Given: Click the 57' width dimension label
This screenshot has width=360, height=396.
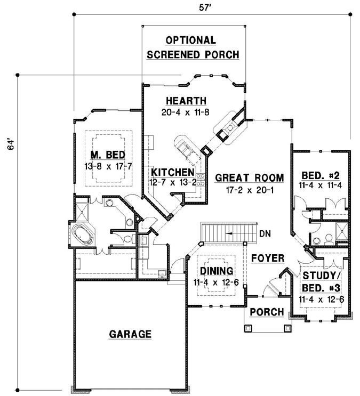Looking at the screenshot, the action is pos(205,7).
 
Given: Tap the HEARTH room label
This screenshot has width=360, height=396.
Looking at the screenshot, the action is pos(186,101).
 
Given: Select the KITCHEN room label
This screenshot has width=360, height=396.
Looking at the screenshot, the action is pos(173,172).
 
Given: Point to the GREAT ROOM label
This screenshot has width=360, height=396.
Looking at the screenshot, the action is pos(250,177).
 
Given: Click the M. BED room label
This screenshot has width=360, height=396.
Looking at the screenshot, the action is pos(108,155).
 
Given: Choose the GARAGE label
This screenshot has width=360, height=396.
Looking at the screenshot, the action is pos(130,334).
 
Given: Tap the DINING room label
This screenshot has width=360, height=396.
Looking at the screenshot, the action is pos(217,271).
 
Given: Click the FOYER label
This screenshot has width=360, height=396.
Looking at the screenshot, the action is pos(268,258).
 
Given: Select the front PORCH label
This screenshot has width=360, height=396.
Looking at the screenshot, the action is pos(267,312).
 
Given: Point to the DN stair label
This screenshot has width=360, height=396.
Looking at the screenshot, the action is pos(265,233).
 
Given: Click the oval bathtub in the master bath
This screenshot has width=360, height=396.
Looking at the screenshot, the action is pos(82,234).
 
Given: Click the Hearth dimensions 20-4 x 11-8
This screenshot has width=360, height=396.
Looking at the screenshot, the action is pos(185,112).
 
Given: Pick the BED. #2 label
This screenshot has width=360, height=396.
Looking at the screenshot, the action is pos(321,175).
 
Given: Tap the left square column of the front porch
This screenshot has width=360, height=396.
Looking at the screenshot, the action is pos(249,328).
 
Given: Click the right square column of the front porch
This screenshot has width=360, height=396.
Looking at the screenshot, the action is pos(287,328).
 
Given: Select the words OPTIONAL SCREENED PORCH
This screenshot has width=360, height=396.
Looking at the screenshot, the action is pos(193,47).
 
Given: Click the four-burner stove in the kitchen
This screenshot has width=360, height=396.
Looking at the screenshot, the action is pos(201,180).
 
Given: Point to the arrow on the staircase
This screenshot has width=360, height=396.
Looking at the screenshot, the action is pos(229,233).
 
